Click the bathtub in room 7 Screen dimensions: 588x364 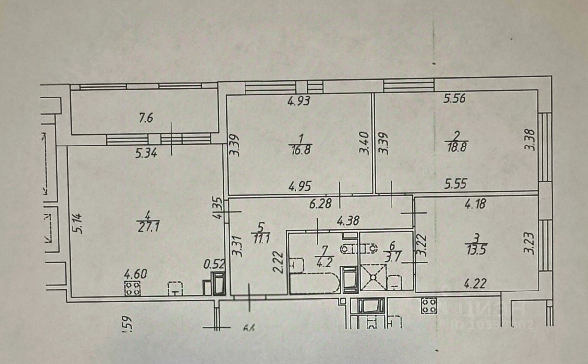click(x=314, y=284)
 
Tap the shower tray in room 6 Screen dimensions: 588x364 click(x=374, y=278)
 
